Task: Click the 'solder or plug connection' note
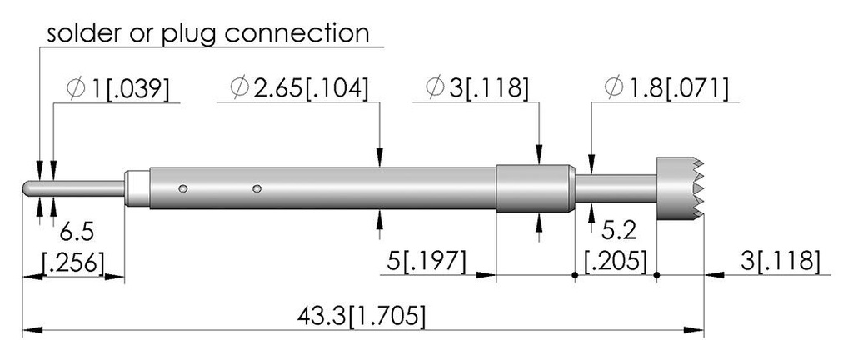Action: pos(208,32)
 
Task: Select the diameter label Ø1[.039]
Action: pos(118,88)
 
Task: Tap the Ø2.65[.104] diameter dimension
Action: pos(299,88)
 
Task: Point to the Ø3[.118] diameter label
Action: pos(477,88)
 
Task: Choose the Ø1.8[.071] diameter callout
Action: pos(666,88)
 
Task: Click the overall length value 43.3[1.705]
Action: pos(362,316)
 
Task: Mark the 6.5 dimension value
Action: pos(77,232)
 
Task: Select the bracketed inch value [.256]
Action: pos(73,262)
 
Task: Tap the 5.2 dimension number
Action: pos(620,232)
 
